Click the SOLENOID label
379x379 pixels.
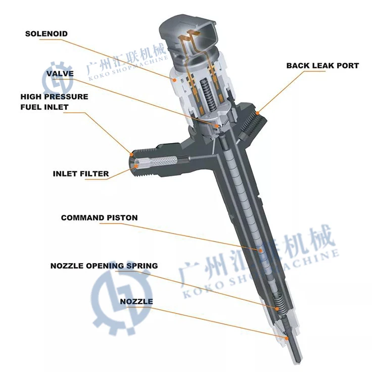click(46, 34)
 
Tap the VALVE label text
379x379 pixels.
click(60, 74)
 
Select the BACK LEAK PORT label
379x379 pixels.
click(322, 66)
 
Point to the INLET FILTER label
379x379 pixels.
click(81, 174)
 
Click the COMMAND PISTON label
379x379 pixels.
click(100, 218)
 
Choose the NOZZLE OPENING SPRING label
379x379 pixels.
click(104, 265)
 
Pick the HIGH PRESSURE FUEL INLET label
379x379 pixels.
click(54, 102)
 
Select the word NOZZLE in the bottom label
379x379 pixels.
click(136, 302)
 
